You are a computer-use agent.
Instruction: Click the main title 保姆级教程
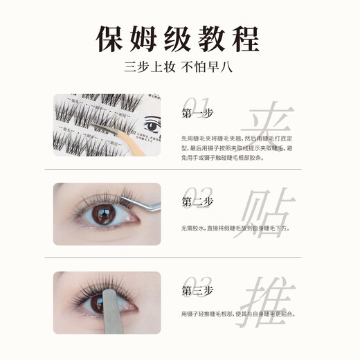pos(179,37)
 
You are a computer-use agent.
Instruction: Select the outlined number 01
pos(192,102)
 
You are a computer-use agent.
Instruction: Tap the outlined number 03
pos(192,278)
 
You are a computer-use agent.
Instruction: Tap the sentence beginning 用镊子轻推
pos(238,314)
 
